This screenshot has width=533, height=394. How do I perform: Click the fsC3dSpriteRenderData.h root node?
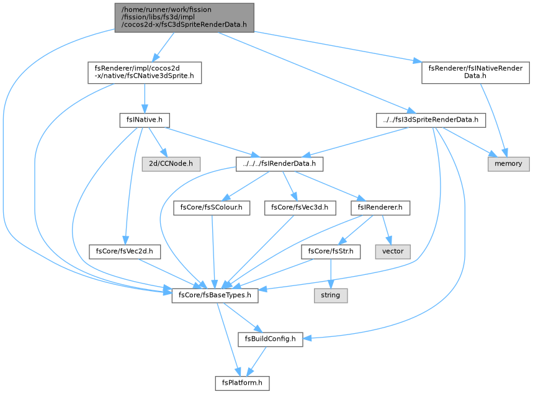tap(184, 17)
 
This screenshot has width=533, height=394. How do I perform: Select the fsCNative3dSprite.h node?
tap(145, 73)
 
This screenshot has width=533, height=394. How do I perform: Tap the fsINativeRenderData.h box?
tap(475, 73)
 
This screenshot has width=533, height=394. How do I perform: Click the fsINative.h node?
tap(145, 120)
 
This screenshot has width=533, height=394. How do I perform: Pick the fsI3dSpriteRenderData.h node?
tap(431, 120)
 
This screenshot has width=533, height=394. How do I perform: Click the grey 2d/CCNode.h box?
tap(171, 164)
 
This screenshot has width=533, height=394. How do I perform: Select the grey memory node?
tap(509, 164)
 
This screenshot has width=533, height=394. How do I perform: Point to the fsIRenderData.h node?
tap(279, 164)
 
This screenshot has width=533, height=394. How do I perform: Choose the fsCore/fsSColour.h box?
tap(212, 208)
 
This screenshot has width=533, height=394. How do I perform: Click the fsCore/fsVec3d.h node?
tap(300, 208)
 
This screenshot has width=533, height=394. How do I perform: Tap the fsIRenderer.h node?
tap(380, 208)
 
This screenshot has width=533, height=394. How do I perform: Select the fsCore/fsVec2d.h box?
tap(125, 251)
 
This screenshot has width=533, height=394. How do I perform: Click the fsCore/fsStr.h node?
tap(331, 251)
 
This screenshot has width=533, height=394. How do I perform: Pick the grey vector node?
tap(393, 251)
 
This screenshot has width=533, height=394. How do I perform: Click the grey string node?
tap(331, 295)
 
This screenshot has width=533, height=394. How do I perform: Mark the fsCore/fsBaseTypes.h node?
tap(215, 295)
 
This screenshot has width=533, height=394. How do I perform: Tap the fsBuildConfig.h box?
tap(271, 339)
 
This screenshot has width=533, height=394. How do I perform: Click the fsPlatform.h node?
tap(243, 383)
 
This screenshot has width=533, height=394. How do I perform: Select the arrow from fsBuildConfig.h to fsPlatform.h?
tap(256, 361)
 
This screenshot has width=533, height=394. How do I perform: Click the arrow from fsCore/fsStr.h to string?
tap(331, 274)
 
